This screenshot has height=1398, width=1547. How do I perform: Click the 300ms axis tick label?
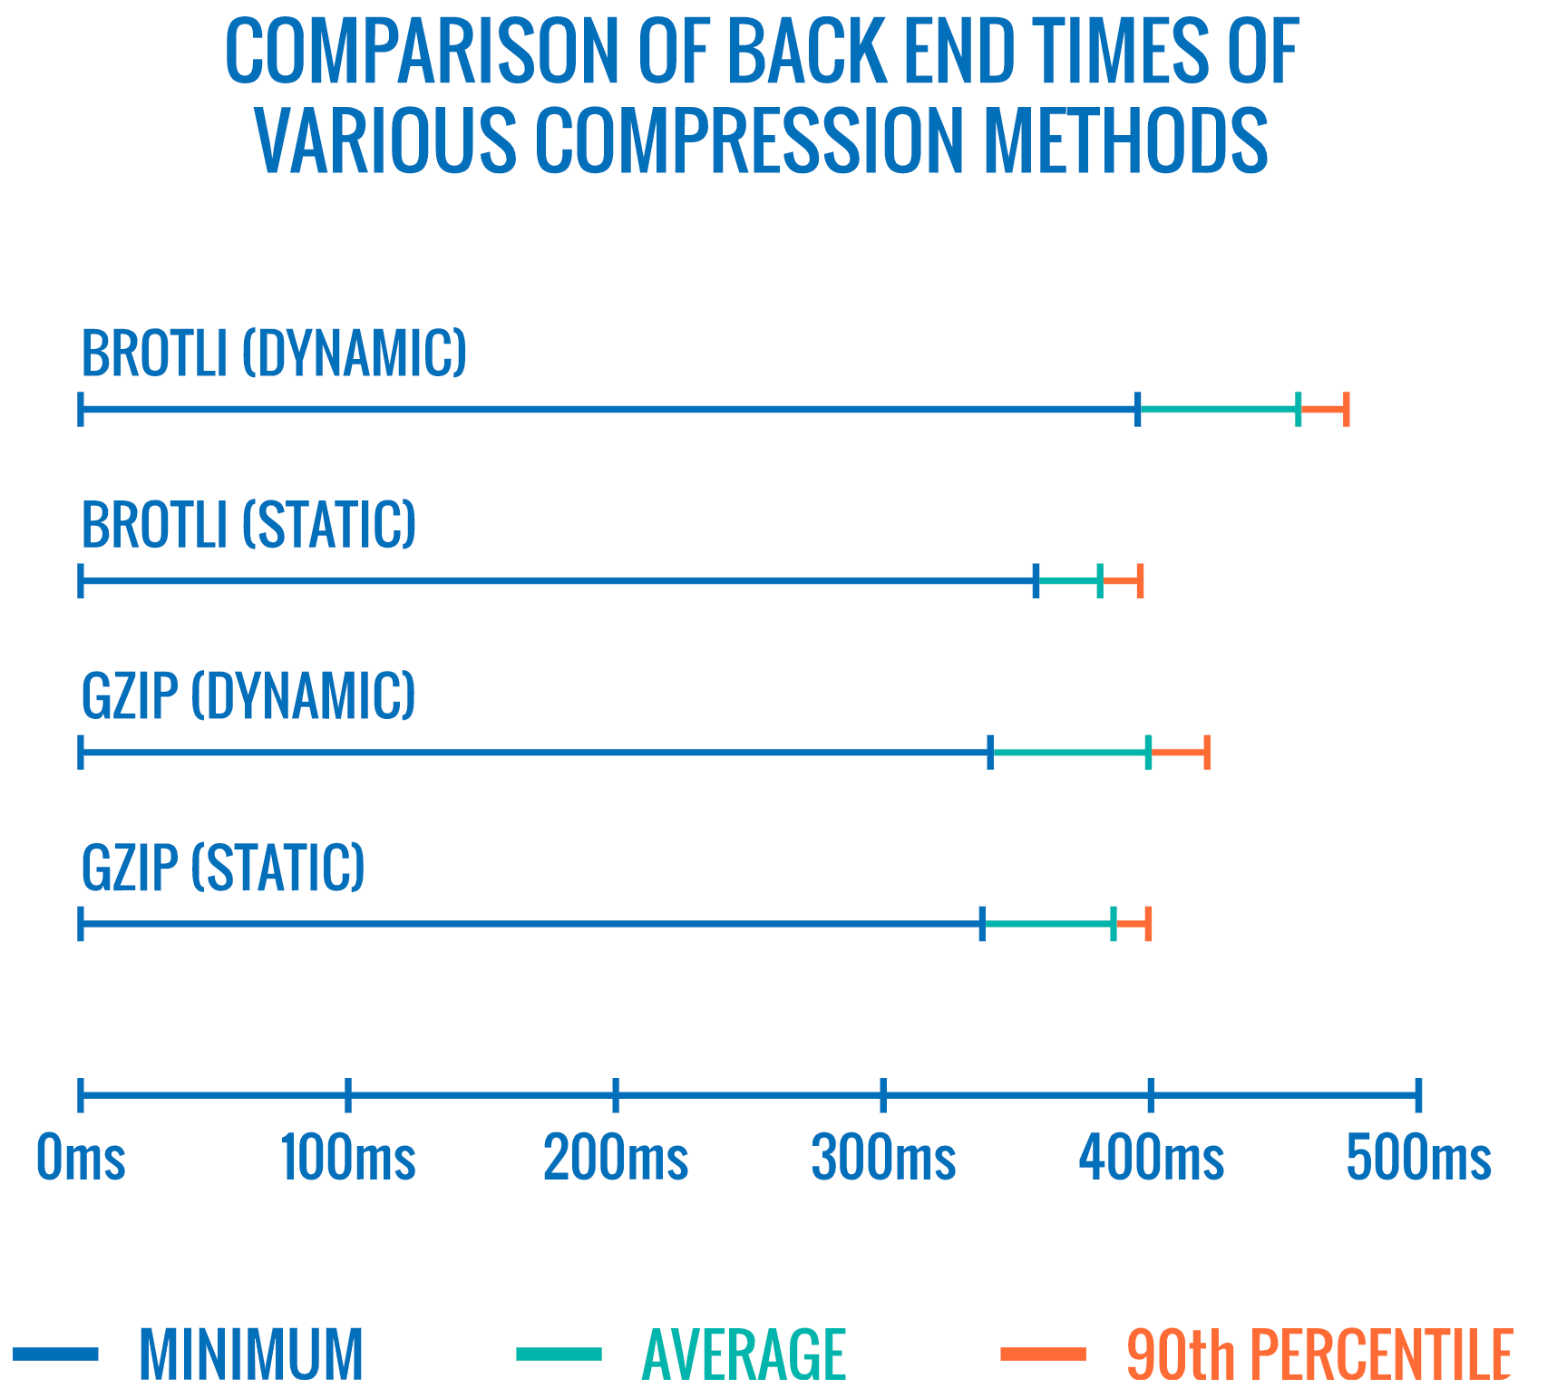click(x=883, y=1159)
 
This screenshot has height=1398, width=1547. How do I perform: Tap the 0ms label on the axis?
click(x=80, y=1159)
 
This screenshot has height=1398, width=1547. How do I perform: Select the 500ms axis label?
click(x=1418, y=1159)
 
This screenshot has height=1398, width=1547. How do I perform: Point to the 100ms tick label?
click(x=347, y=1159)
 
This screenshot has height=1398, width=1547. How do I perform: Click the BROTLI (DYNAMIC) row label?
click(x=274, y=354)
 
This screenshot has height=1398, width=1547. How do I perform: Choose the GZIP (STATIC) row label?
click(x=223, y=868)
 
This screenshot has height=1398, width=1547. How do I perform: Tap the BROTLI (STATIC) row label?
click(x=248, y=525)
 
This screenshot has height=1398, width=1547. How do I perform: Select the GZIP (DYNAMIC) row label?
click(x=248, y=696)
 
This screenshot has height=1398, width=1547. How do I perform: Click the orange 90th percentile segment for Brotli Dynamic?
click(x=1322, y=410)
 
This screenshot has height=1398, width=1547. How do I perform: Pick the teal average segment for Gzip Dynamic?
click(x=1070, y=752)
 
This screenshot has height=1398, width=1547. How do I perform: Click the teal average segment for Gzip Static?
click(x=1048, y=924)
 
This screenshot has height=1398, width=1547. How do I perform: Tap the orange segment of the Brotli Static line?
click(x=1121, y=581)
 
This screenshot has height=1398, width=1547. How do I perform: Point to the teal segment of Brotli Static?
click(x=1068, y=581)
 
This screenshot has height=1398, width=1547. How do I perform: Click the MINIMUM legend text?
click(x=251, y=1354)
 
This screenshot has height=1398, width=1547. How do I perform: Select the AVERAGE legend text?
click(x=744, y=1354)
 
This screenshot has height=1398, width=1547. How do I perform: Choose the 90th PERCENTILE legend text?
click(x=1318, y=1354)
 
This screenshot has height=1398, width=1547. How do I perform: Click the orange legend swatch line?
click(x=1043, y=1354)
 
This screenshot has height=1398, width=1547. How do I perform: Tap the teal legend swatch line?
click(x=559, y=1354)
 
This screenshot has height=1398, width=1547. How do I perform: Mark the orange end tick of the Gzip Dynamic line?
click(x=1207, y=752)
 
